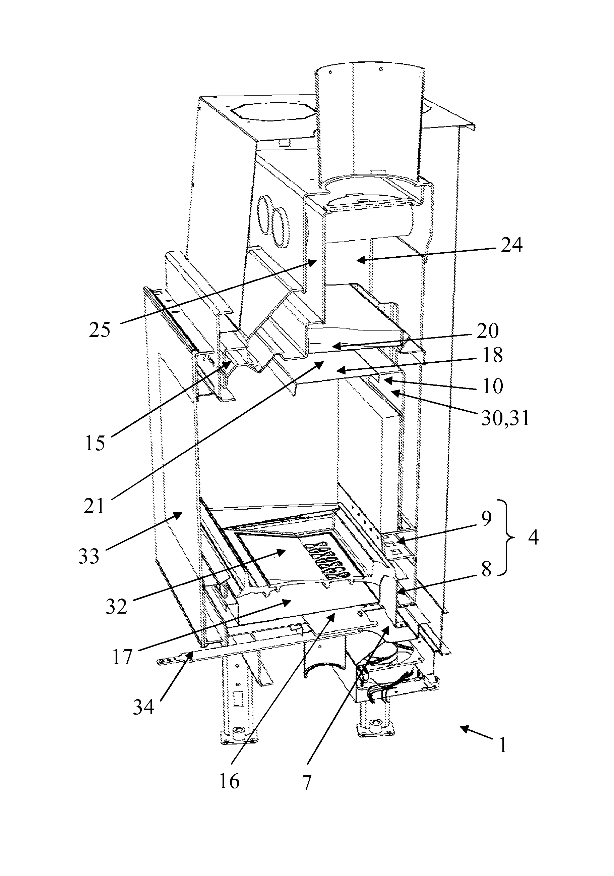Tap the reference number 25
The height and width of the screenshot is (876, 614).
click(x=100, y=330)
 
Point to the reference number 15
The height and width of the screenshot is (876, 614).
click(x=95, y=443)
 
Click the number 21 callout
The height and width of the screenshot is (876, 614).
click(x=94, y=506)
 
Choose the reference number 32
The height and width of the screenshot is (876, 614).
click(x=116, y=606)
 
